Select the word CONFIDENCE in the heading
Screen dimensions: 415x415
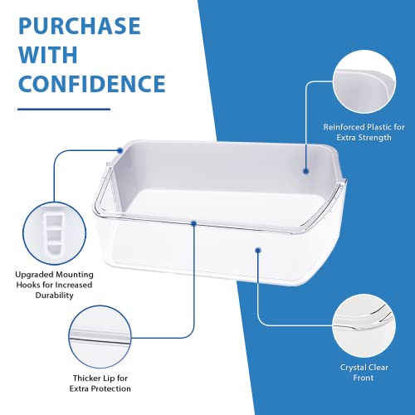tap(90, 85)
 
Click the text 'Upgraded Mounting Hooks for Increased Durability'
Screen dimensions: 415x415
tap(51, 285)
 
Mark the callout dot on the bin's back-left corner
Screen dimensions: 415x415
tap(121, 149)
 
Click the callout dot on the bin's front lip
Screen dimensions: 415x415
tap(193, 222)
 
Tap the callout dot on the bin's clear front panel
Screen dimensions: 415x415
tap(259, 248)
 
